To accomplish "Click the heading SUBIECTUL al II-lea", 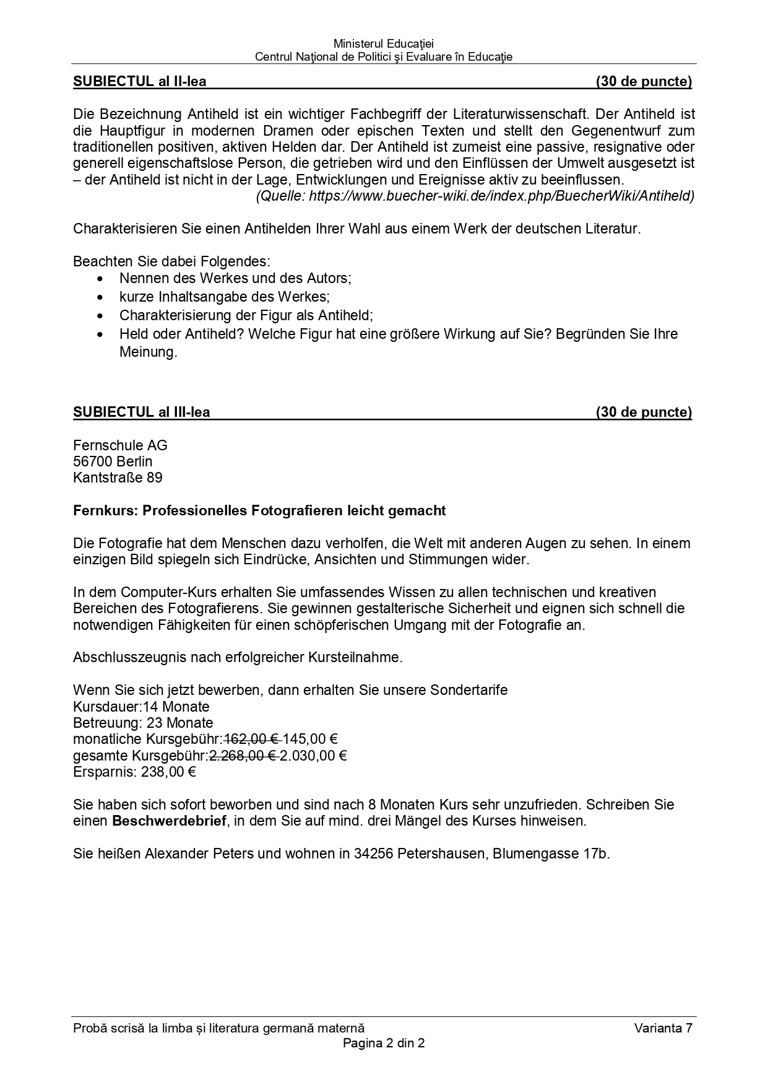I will point(140,82).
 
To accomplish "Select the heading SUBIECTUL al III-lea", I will point(142,413).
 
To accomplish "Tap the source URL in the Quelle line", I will point(501,196).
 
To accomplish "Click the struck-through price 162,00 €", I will point(252,740).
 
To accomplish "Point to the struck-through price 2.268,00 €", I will point(243,756).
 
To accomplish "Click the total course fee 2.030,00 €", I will point(313,756).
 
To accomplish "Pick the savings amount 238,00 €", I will point(168,772).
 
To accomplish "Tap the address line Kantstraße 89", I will point(118,478).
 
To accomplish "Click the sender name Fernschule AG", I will point(120,446).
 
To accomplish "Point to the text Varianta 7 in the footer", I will point(663,1029).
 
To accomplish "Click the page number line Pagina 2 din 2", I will point(384,1043).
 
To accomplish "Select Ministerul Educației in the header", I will point(384,44).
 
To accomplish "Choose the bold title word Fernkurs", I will point(104,511).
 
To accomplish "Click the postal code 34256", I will point(373,853).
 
